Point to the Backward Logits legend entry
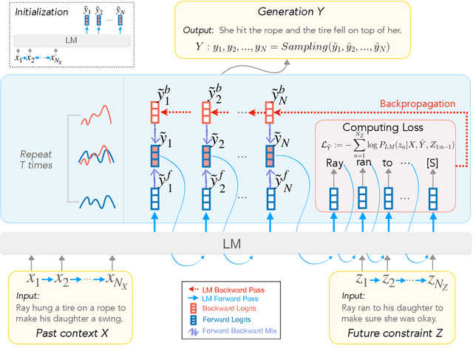[232, 309]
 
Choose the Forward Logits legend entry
[231, 321]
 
